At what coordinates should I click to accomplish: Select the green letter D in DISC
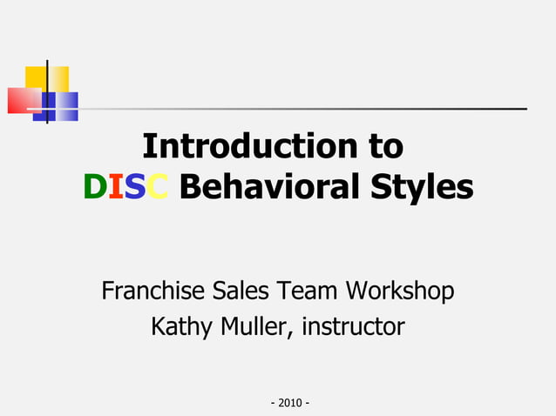pyautogui.click(x=93, y=187)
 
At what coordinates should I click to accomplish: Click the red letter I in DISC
pyautogui.click(x=114, y=187)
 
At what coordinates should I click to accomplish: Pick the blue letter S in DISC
pyautogui.click(x=134, y=187)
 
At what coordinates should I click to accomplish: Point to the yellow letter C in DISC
pyautogui.click(x=158, y=187)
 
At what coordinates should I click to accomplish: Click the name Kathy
pyautogui.click(x=178, y=327)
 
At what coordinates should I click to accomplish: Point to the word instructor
pyautogui.click(x=353, y=327)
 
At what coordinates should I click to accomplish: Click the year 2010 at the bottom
pyautogui.click(x=291, y=403)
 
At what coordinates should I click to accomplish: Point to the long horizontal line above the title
pyautogui.click(x=305, y=109)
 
